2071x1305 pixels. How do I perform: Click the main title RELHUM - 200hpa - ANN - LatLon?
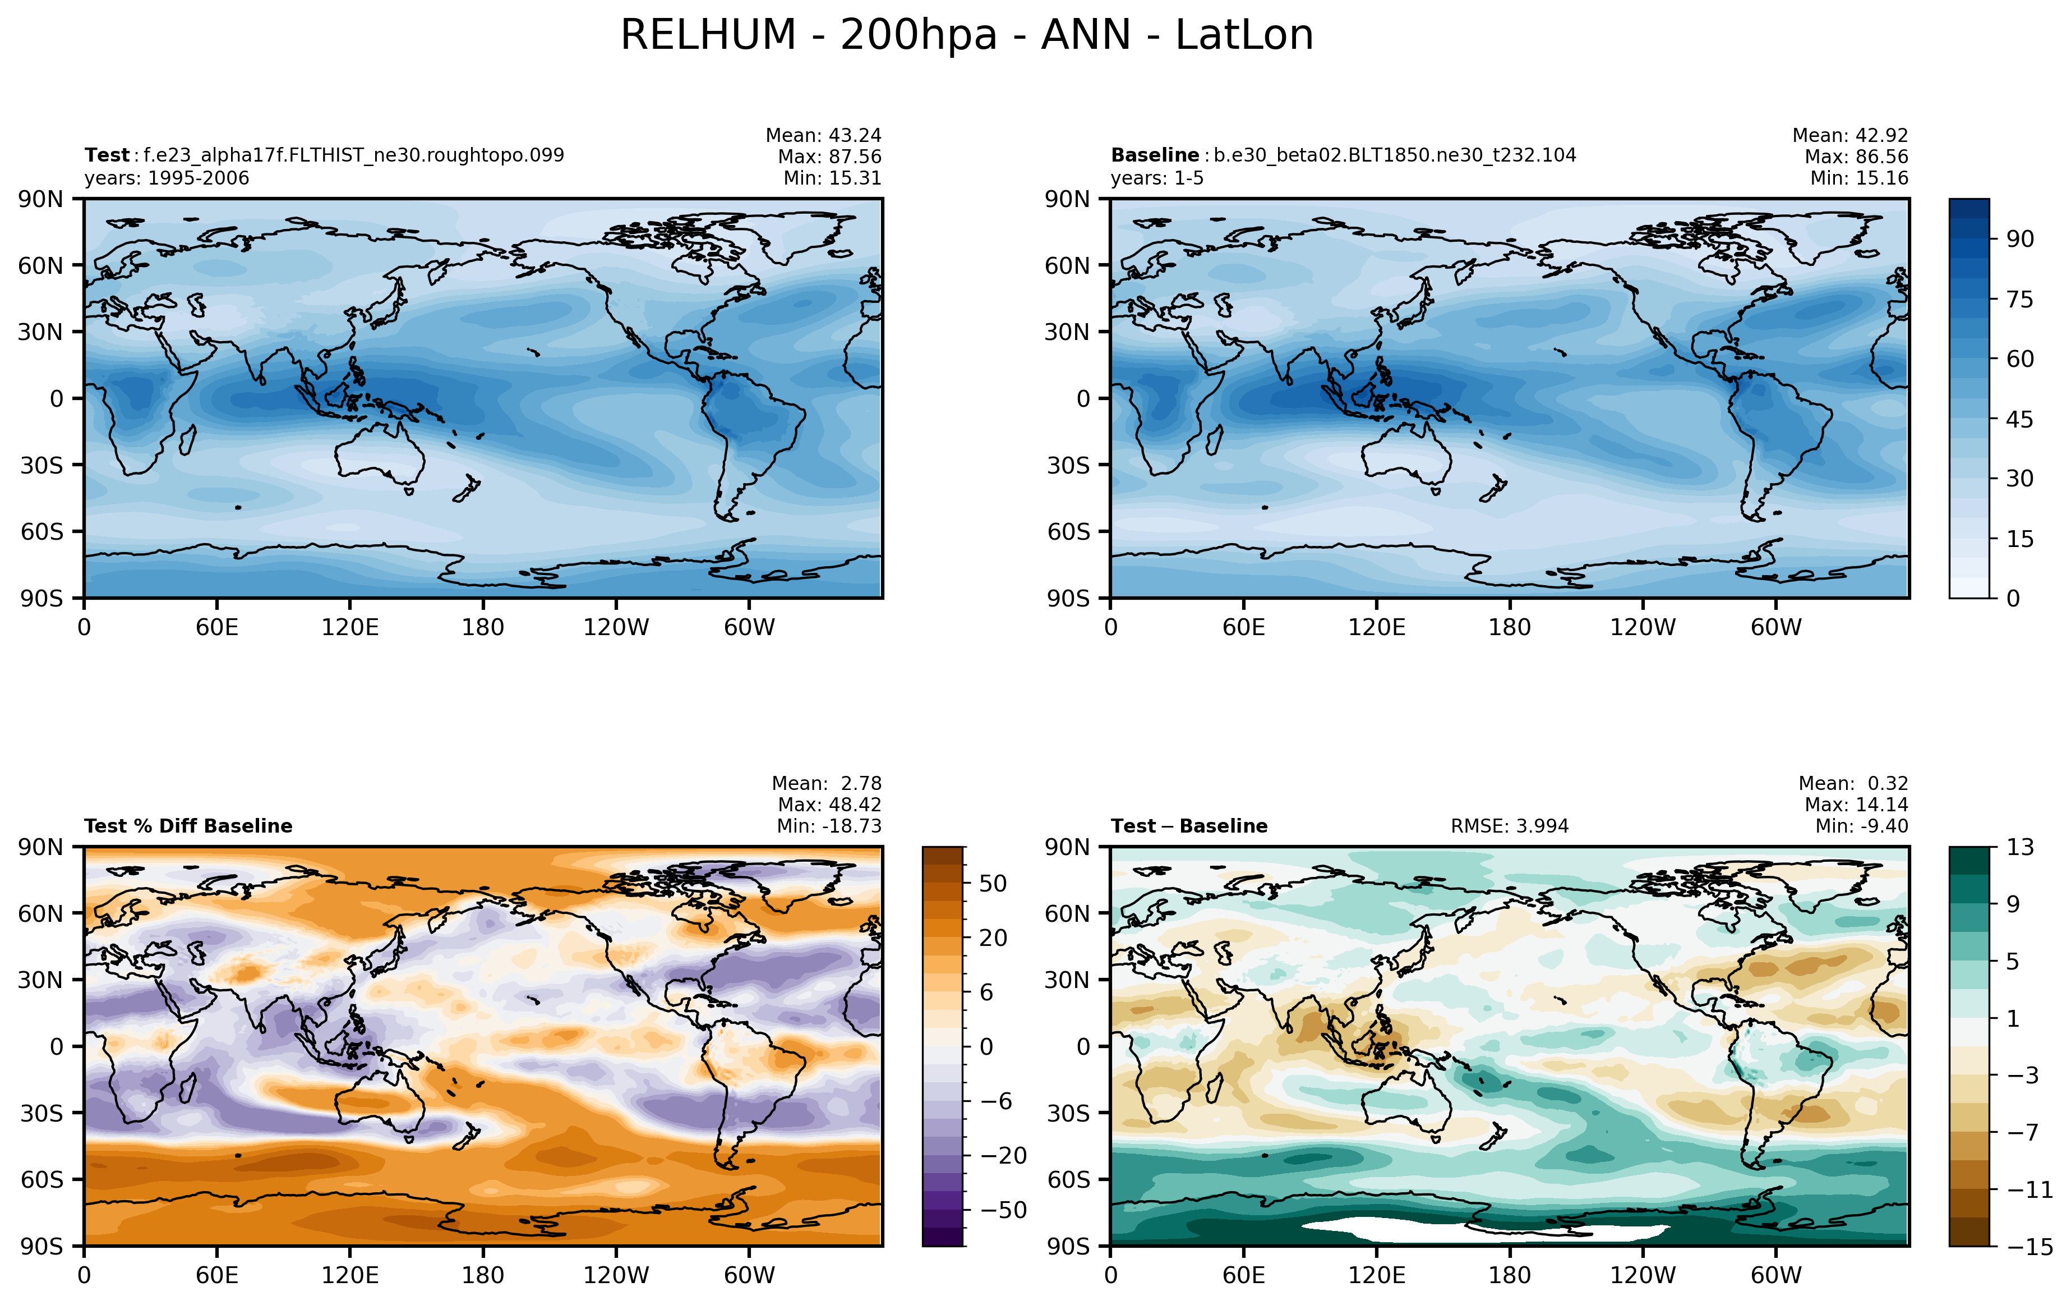coord(967,36)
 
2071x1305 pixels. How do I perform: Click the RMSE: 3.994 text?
coord(1510,826)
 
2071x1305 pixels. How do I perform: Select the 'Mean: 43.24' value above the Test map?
coord(823,136)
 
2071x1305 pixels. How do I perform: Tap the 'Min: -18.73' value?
coord(829,826)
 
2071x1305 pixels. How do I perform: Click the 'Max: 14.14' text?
coord(1856,805)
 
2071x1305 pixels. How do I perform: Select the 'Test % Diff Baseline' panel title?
coord(188,826)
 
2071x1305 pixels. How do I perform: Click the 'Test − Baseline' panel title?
coord(1189,826)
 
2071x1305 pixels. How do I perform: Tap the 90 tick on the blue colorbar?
coord(2021,239)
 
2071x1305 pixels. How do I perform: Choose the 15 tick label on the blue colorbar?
coord(2021,539)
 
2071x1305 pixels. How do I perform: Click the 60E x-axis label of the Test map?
coord(216,627)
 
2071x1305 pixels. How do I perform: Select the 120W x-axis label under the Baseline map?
coord(1643,627)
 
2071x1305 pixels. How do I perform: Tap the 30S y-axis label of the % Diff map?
coord(41,1113)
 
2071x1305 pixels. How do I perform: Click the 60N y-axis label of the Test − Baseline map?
coord(1067,913)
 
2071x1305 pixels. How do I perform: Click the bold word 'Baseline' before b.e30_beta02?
coord(1154,156)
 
